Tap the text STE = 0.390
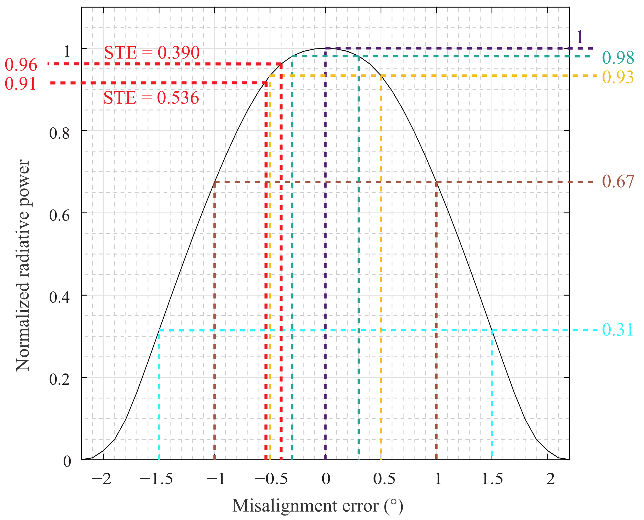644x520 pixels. point(152,53)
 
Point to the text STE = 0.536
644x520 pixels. point(151,98)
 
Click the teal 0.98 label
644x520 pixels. point(618,58)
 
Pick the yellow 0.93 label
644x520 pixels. point(618,77)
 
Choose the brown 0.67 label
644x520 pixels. point(618,181)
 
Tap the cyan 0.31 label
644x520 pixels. point(618,330)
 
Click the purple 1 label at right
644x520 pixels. point(580,38)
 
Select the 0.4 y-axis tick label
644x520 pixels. point(59,297)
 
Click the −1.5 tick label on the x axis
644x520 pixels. point(156,479)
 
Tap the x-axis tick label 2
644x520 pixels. point(550,479)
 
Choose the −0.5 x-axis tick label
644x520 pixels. point(271,479)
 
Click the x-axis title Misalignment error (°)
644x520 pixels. point(318,506)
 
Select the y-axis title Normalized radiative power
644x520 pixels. point(23,265)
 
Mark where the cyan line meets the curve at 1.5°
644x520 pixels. point(492,330)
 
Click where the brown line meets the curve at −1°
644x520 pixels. point(215,182)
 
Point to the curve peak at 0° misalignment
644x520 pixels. point(326,48)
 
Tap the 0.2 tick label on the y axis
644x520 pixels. point(59,379)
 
